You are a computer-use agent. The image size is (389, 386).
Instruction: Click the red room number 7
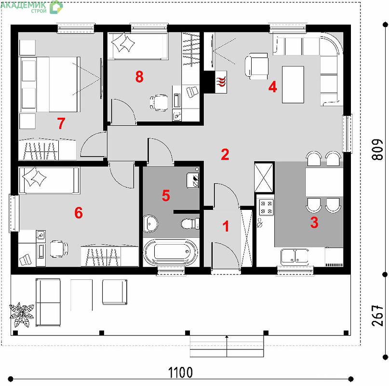pyautogui.click(x=61, y=123)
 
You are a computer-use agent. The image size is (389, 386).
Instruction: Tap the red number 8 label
pyautogui.click(x=139, y=77)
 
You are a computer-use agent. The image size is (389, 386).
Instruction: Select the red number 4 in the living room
pyautogui.click(x=273, y=87)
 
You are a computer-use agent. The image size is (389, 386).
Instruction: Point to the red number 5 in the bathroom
pyautogui.click(x=166, y=195)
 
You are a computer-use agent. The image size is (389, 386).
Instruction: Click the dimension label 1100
pyautogui.click(x=180, y=372)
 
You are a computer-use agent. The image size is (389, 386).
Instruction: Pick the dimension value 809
pyautogui.click(x=377, y=149)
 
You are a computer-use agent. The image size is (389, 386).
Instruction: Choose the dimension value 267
pyautogui.click(x=377, y=316)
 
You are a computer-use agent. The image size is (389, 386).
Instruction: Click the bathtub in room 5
pyautogui.click(x=171, y=252)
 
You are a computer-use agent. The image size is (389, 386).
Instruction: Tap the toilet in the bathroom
pyautogui.click(x=190, y=223)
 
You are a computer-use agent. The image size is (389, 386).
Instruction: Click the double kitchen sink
pyautogui.click(x=295, y=256)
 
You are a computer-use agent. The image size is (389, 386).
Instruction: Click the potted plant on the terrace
pyautogui.click(x=21, y=315)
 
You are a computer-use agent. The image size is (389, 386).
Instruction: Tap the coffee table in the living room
pyautogui.click(x=293, y=84)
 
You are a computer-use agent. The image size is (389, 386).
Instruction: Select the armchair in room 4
pyautogui.click(x=257, y=66)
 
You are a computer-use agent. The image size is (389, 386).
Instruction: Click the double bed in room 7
pyautogui.click(x=50, y=84)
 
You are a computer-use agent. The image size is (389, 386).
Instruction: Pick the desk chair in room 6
pyautogui.click(x=59, y=249)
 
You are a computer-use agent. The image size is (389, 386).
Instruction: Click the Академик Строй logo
pyautogui.click(x=31, y=7)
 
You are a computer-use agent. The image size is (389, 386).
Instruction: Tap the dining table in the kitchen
pyautogui.click(x=324, y=182)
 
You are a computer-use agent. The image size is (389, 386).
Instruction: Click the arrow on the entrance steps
pyautogui.click(x=227, y=346)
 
